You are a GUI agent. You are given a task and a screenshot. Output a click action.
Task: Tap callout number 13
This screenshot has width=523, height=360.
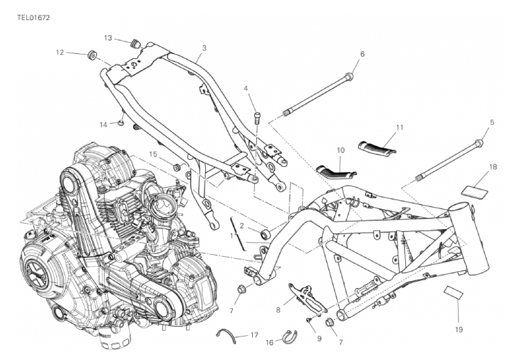coord(108,38)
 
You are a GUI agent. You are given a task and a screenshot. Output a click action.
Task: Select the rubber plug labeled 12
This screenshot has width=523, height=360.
coord(91,55)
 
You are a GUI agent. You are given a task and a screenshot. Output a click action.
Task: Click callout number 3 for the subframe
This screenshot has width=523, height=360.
coord(204,48)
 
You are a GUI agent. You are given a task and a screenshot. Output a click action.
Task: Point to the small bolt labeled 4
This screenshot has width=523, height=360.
coord(257,116)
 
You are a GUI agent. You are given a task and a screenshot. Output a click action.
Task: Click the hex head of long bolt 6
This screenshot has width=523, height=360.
coord(349,77)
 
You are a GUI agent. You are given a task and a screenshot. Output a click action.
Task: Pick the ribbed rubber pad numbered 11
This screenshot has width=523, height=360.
coord(378,147)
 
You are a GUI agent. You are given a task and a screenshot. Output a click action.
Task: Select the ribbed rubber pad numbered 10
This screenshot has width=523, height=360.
coord(336,171)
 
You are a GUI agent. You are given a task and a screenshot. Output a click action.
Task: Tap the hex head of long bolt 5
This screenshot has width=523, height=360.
coord(479,144)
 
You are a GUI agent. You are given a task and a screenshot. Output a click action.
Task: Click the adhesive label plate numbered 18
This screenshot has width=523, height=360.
coord(474,192)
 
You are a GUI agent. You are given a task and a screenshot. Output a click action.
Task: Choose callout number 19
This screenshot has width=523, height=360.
coord(459,330)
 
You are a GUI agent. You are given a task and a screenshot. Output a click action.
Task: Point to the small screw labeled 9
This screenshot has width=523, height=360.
coord(309,320)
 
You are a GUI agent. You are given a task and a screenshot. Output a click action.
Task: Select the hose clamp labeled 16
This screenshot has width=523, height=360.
coord(290,336)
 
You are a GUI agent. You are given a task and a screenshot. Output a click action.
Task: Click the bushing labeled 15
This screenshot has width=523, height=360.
coord(177,167)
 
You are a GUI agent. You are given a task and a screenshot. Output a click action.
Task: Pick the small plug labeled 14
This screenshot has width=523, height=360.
coord(121,123)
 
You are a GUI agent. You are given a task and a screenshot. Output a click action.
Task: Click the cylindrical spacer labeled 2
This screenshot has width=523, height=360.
coord(265,234)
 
